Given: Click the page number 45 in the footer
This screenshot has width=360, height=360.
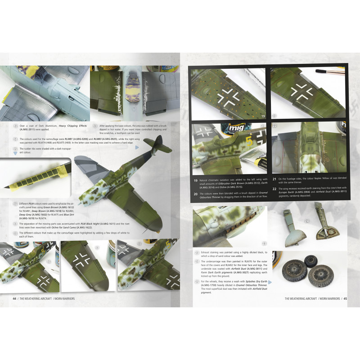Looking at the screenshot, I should point(345,298).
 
